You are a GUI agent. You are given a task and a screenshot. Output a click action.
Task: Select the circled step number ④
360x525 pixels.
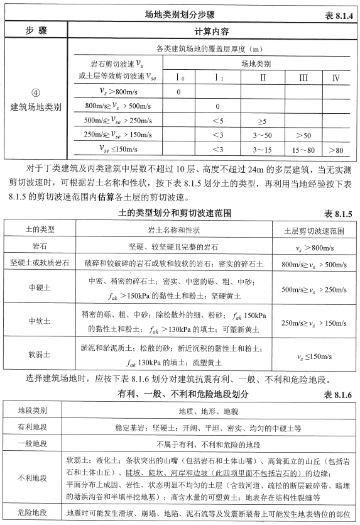[35, 95]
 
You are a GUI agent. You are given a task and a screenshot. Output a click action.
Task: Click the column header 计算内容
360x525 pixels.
[212, 30]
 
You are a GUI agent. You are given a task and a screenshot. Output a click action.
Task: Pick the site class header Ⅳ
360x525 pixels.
[335, 78]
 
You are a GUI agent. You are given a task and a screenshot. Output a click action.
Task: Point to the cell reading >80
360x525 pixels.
[335, 150]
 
